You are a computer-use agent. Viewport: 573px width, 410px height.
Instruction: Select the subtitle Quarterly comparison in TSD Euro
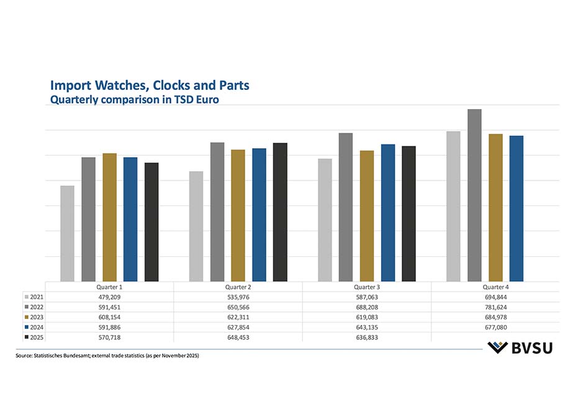(x=134, y=98)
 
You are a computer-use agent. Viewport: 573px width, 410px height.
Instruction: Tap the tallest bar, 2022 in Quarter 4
(x=474, y=195)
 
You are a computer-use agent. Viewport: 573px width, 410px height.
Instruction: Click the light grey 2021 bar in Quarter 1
(x=67, y=233)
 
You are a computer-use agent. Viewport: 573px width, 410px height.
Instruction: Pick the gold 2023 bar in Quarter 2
(x=238, y=215)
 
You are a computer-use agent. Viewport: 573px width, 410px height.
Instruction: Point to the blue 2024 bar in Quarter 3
(x=388, y=213)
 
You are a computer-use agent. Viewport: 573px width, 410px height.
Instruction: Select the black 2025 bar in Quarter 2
(x=280, y=212)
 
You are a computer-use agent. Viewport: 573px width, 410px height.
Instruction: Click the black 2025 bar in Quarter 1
(x=151, y=222)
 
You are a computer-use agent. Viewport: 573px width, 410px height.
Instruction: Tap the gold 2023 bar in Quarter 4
(x=495, y=207)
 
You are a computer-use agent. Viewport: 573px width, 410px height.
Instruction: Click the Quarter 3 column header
(x=367, y=287)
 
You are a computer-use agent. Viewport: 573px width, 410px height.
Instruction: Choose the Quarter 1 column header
(x=109, y=287)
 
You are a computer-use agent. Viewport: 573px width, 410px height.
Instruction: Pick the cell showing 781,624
(x=495, y=307)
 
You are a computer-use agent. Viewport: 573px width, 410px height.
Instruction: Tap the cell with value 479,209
(x=109, y=297)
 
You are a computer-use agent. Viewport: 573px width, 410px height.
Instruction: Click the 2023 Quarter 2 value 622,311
(x=238, y=317)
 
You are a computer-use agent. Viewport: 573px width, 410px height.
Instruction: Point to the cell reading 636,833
(x=367, y=337)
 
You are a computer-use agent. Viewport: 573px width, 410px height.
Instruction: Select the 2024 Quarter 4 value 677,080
(x=495, y=327)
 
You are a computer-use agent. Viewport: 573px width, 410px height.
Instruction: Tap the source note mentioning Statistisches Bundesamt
(x=107, y=355)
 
